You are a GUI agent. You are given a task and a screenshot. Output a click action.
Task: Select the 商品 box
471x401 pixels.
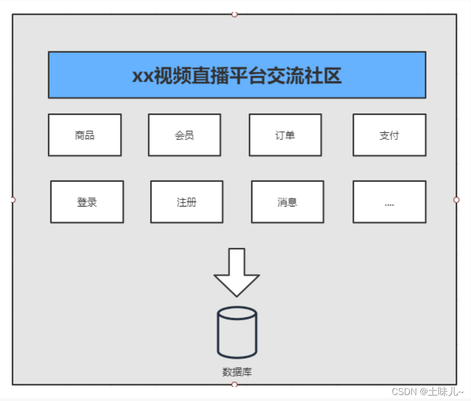pyautogui.click(x=85, y=135)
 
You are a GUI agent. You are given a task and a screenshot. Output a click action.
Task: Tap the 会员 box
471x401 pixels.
pyautogui.click(x=184, y=135)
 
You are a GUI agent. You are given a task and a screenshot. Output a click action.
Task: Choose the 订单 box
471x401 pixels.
pyautogui.click(x=285, y=135)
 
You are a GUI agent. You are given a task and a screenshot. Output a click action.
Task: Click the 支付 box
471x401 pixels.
pyautogui.click(x=389, y=135)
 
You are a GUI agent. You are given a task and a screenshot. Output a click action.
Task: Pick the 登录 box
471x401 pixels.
pyautogui.click(x=87, y=202)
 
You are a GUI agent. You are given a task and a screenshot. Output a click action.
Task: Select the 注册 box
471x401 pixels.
pyautogui.click(x=187, y=202)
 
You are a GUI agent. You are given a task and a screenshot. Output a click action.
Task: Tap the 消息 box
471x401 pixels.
pyautogui.click(x=287, y=202)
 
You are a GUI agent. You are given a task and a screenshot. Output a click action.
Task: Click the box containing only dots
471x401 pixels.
pyautogui.click(x=389, y=202)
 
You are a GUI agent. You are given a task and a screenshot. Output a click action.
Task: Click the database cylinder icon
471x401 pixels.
pyautogui.click(x=237, y=333)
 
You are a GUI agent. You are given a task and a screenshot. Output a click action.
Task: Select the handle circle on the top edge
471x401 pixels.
pyautogui.click(x=234, y=14)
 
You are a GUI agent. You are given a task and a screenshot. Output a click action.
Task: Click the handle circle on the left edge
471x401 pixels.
pyautogui.click(x=13, y=199)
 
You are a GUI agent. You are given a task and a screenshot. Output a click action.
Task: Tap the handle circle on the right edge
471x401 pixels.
pyautogui.click(x=456, y=199)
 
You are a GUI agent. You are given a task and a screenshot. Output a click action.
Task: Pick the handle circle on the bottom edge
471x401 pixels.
pyautogui.click(x=234, y=384)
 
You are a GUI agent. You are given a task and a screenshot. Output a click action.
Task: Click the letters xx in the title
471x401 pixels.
pyautogui.click(x=142, y=76)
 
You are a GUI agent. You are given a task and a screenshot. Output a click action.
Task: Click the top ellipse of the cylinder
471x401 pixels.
pyautogui.click(x=237, y=313)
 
